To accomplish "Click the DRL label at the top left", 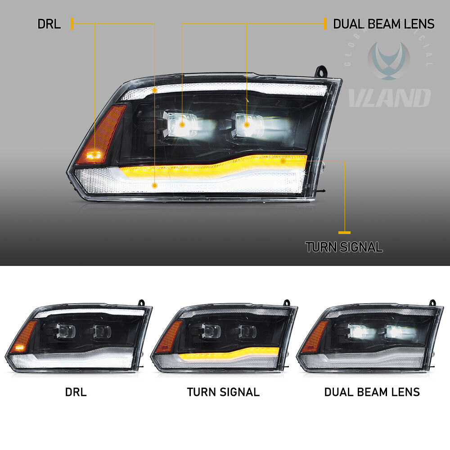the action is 49,24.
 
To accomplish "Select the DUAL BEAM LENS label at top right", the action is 383,24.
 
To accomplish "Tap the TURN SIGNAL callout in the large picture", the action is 344,247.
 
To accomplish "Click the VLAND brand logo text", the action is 390,98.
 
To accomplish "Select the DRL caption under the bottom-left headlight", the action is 76,391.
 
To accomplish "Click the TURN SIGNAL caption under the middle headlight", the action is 223,391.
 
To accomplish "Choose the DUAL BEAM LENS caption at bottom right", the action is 372,391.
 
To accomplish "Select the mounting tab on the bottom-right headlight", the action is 433,302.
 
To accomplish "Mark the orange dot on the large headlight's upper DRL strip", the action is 155,90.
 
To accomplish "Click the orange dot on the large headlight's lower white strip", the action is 155,185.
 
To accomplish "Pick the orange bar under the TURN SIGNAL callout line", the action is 345,233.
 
